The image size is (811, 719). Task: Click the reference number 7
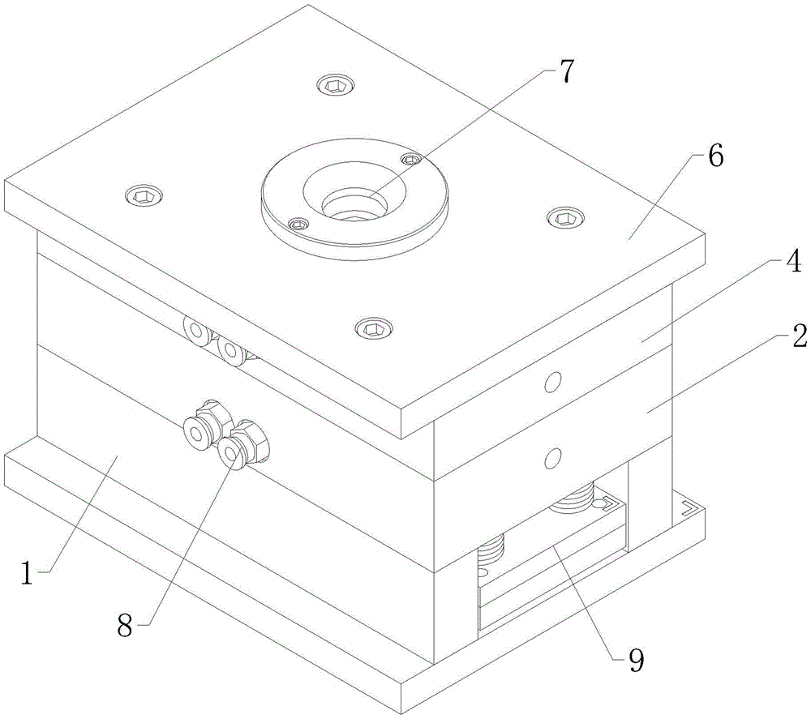click(x=566, y=73)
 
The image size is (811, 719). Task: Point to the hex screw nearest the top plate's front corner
click(x=372, y=327)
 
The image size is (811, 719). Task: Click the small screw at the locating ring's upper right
click(x=412, y=160)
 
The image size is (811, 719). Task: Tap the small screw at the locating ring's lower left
click(x=299, y=225)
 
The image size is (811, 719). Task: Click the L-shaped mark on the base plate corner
click(x=689, y=509)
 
